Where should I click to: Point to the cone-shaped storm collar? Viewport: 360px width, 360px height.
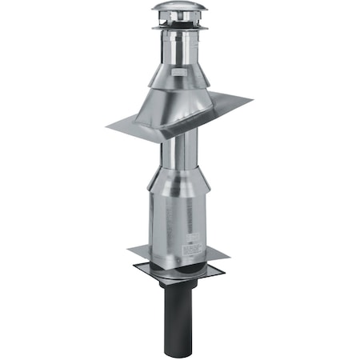pos(178,75)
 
